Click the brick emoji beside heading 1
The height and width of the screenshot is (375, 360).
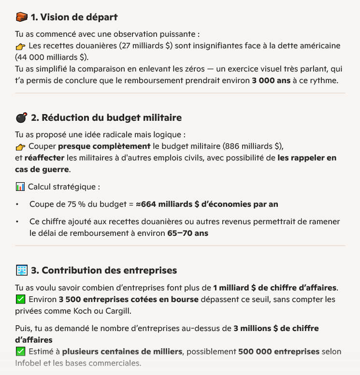(x=21, y=17)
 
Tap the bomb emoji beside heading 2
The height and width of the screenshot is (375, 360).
(x=21, y=117)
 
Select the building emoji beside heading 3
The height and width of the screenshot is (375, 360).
(x=21, y=270)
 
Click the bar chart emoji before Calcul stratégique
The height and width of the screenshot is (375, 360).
(x=20, y=187)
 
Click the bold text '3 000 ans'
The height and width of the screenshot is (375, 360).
(x=271, y=80)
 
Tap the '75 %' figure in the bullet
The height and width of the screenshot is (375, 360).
(x=76, y=204)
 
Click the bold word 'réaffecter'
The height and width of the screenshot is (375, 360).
(x=44, y=158)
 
